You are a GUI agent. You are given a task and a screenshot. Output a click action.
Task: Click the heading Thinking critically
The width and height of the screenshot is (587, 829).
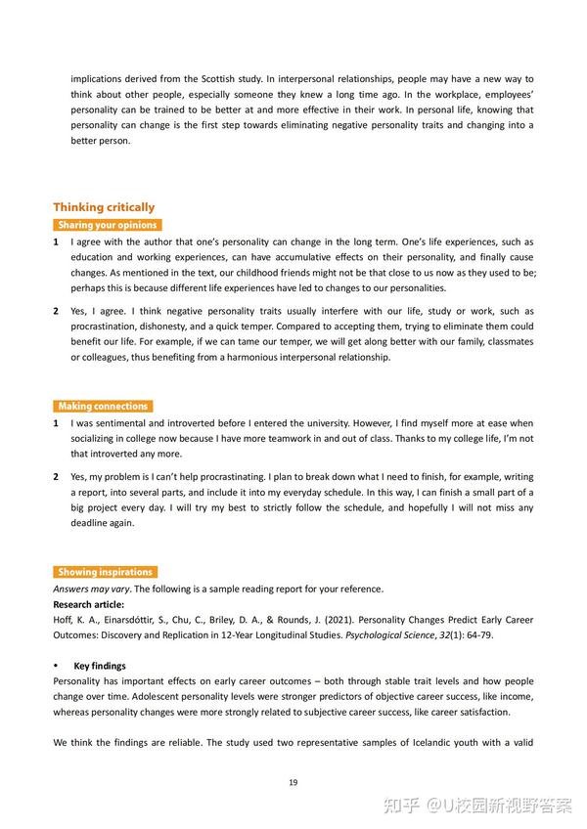(x=104, y=207)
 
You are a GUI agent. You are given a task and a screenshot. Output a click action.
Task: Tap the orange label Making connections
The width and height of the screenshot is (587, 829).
(x=103, y=406)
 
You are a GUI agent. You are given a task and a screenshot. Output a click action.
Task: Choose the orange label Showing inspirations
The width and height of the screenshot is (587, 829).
(x=105, y=572)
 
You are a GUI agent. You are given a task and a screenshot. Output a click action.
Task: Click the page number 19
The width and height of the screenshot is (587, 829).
(x=293, y=782)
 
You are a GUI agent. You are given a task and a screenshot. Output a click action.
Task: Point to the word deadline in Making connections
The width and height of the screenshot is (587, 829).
(x=93, y=523)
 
